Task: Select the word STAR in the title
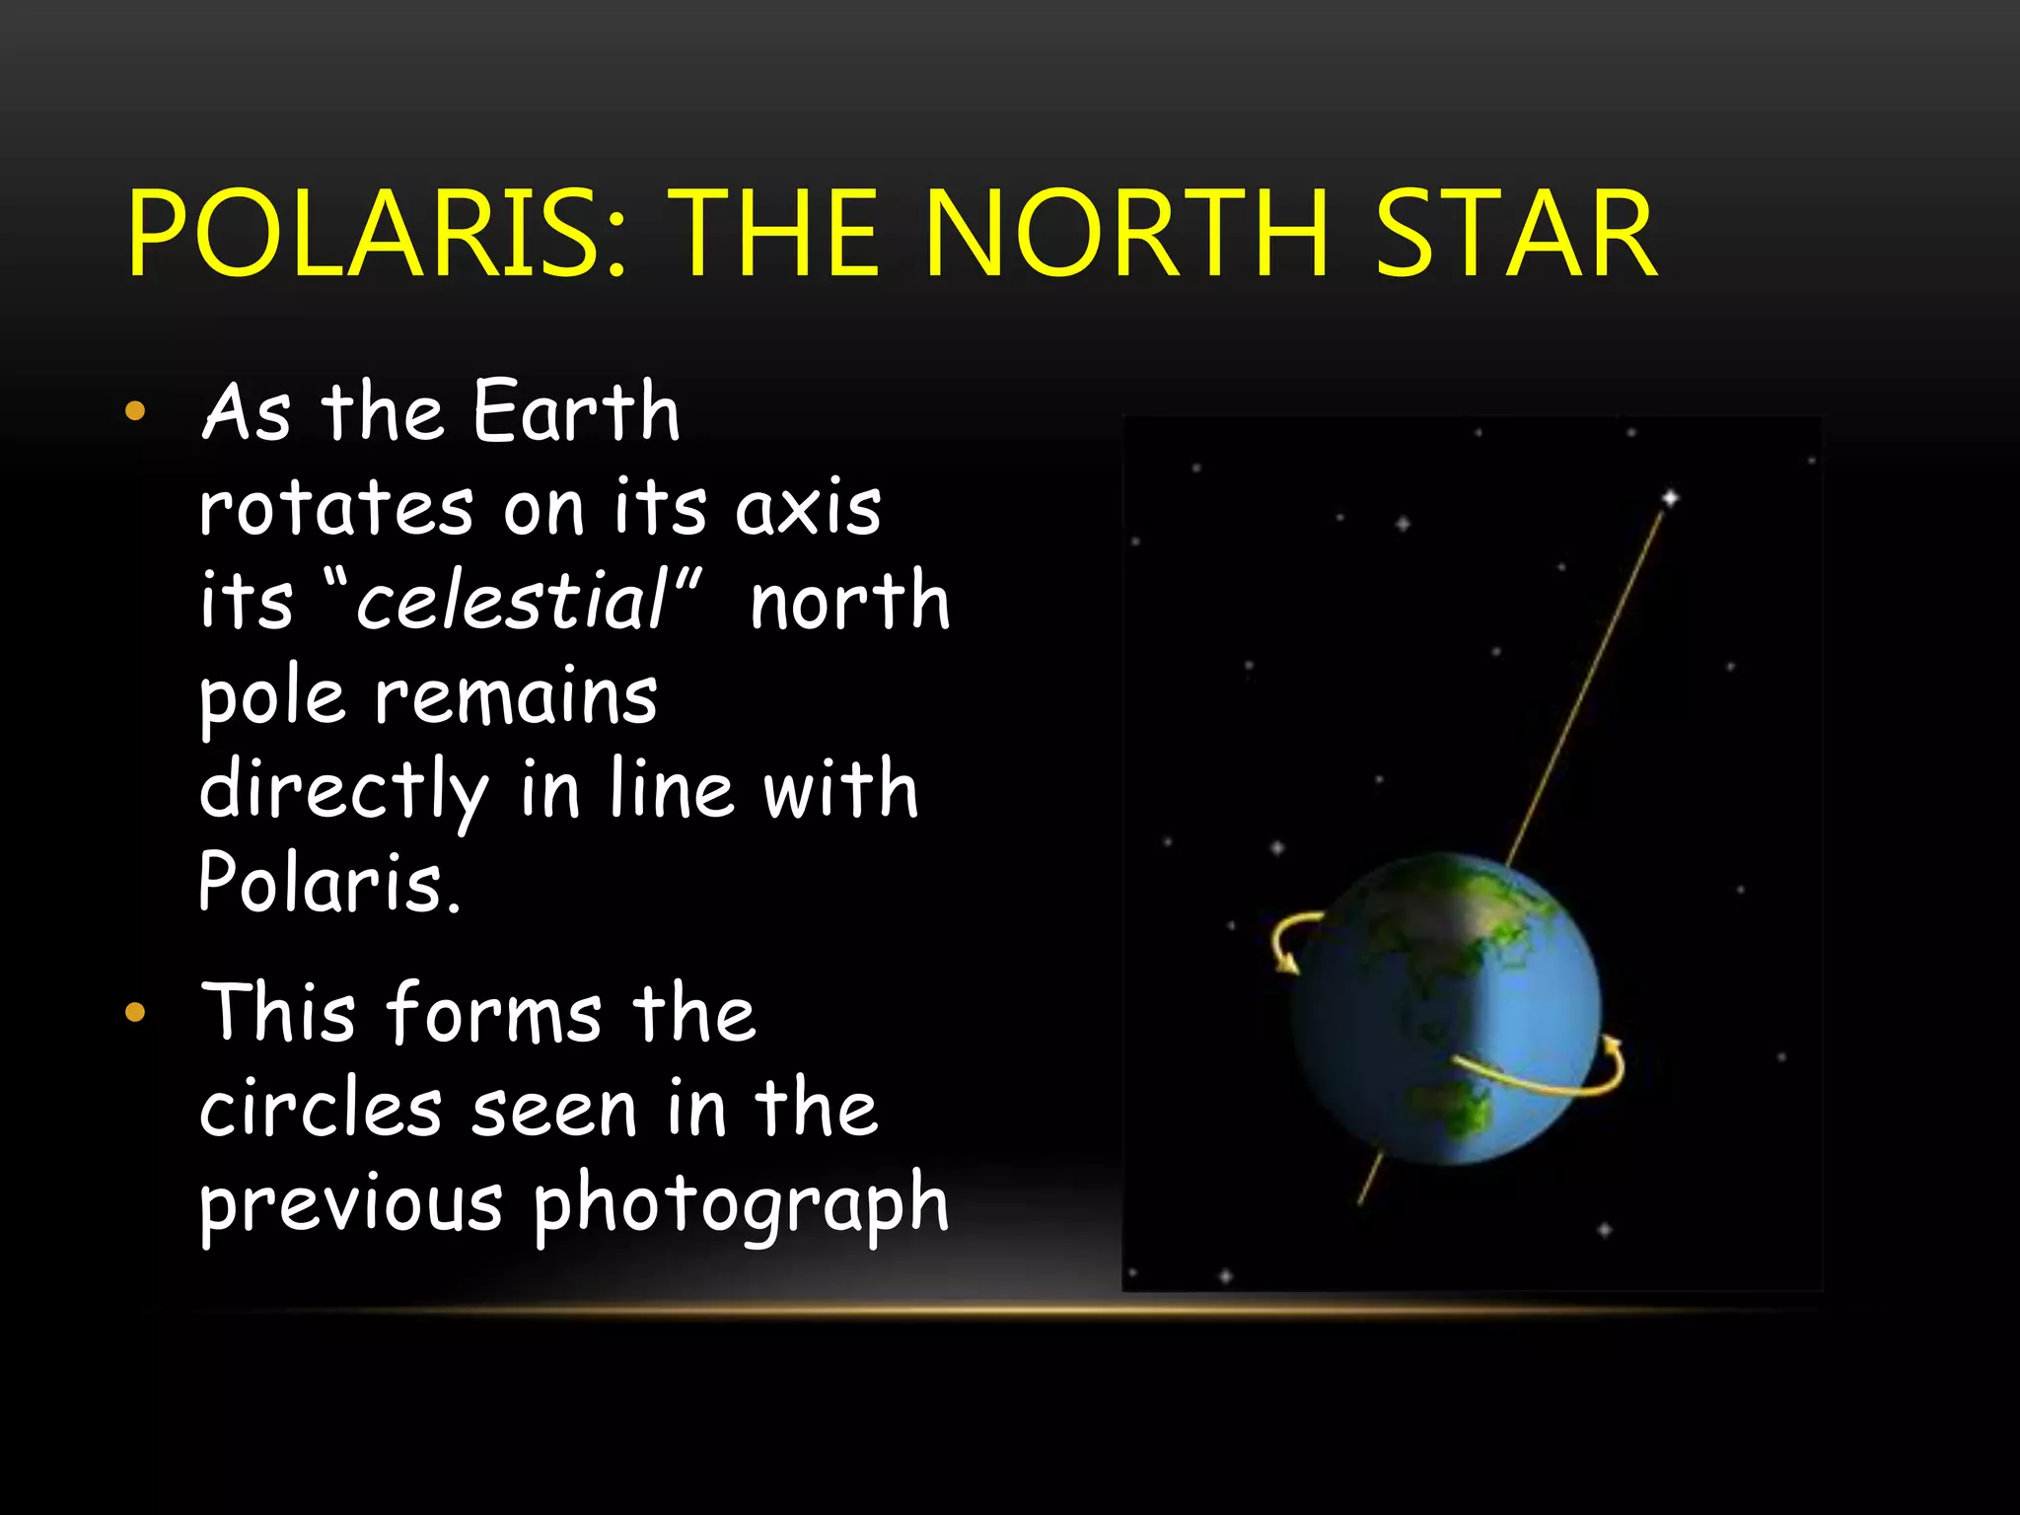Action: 1515,235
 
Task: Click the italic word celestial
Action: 513,601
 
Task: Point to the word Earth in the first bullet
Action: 577,412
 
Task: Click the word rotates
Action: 336,508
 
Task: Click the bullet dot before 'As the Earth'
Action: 135,411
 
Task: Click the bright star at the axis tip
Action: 1670,498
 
